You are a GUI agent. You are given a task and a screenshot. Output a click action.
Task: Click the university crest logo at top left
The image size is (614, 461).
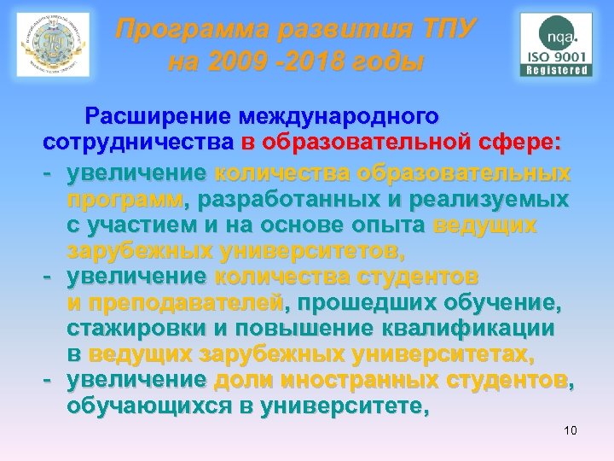53,44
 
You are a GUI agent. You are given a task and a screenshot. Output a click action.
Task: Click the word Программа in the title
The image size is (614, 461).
184,32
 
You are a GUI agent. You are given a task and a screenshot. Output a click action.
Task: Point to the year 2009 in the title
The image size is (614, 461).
233,64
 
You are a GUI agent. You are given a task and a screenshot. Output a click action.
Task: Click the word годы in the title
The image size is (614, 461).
381,64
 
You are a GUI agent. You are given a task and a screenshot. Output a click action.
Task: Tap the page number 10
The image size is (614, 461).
570,430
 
